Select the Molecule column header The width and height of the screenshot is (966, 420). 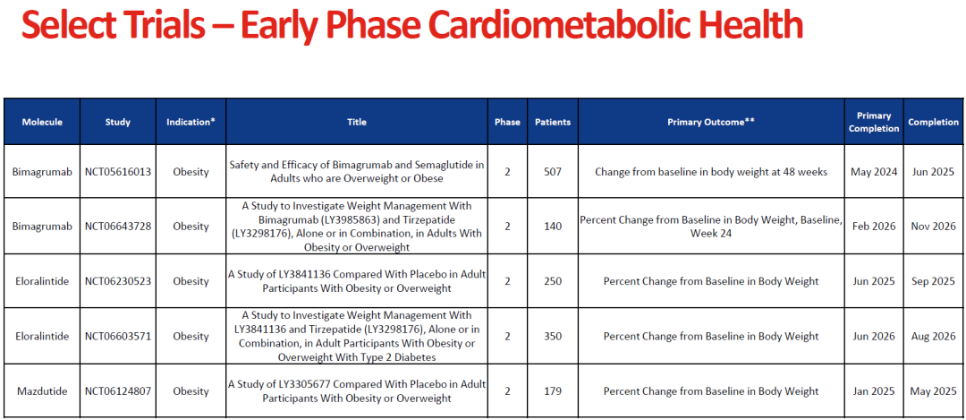tap(42, 122)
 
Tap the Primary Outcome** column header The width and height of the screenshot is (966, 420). tap(711, 122)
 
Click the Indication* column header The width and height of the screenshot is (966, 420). tap(191, 122)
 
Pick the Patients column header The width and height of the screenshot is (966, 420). tap(553, 122)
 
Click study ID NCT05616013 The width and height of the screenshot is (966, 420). tap(118, 172)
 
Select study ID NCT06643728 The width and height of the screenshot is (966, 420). tap(118, 227)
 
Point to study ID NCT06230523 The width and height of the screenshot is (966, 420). tap(118, 281)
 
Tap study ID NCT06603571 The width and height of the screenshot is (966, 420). tap(118, 336)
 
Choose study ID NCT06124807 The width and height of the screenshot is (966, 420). tap(118, 391)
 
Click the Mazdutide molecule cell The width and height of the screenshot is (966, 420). tap(42, 391)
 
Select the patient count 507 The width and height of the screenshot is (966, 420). tap(553, 172)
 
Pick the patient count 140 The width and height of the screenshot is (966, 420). tap(553, 227)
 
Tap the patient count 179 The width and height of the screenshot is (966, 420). tap(553, 391)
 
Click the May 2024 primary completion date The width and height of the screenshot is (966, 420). tap(874, 172)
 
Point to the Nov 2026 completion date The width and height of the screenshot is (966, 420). tap(933, 227)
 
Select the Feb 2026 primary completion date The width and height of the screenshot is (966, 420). tap(874, 227)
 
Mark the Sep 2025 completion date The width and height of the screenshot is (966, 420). tap(933, 281)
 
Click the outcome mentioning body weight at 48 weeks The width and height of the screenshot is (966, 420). tap(711, 172)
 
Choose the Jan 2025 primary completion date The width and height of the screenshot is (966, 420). tap(874, 391)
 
